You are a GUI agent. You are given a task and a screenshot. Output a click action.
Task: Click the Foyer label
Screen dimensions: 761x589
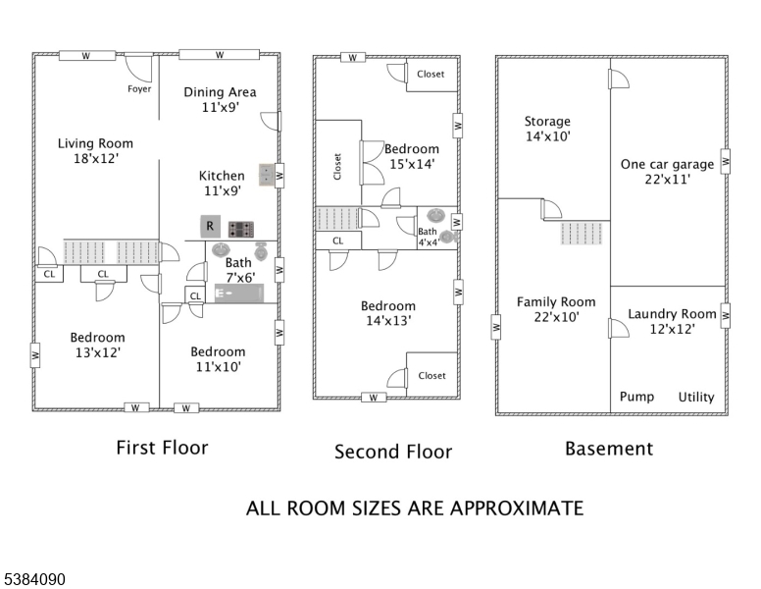pyautogui.click(x=139, y=89)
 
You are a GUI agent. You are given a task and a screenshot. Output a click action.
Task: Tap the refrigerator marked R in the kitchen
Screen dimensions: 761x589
pyautogui.click(x=210, y=227)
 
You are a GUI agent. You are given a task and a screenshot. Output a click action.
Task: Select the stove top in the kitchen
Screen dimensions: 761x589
pyautogui.click(x=241, y=230)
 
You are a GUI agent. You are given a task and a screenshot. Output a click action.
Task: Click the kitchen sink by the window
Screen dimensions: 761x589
pyautogui.click(x=267, y=176)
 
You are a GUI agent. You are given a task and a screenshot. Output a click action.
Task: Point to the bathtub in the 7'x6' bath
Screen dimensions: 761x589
pyautogui.click(x=239, y=294)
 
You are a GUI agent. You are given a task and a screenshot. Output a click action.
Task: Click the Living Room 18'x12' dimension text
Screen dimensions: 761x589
pyautogui.click(x=96, y=158)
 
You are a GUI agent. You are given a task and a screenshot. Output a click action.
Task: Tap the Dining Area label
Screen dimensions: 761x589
pyautogui.click(x=220, y=92)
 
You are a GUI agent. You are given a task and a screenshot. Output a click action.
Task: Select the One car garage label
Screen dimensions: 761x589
pyautogui.click(x=667, y=165)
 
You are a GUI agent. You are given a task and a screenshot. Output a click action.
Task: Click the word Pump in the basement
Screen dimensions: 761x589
pyautogui.click(x=636, y=397)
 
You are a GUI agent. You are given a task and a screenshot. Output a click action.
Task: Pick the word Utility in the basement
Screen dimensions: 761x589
pyautogui.click(x=696, y=398)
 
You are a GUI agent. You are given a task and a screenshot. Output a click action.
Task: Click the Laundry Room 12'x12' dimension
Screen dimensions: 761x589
pyautogui.click(x=672, y=329)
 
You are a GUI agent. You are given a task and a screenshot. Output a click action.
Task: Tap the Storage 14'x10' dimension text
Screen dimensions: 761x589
pyautogui.click(x=547, y=136)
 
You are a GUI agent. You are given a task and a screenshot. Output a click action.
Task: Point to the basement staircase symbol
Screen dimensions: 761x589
pyautogui.click(x=582, y=234)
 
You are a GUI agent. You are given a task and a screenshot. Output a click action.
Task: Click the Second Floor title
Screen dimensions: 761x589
pyautogui.click(x=393, y=452)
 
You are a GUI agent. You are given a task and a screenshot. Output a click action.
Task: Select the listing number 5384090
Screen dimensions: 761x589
pyautogui.click(x=34, y=579)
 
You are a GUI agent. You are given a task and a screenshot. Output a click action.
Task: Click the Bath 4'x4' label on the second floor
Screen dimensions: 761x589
pyautogui.click(x=429, y=237)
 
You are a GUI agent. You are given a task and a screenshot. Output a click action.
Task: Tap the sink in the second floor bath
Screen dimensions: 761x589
pyautogui.click(x=436, y=215)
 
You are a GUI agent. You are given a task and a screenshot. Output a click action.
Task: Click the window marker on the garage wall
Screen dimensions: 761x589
pyautogui.click(x=725, y=161)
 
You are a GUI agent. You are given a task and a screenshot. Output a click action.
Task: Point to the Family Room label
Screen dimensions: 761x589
pyautogui.click(x=556, y=302)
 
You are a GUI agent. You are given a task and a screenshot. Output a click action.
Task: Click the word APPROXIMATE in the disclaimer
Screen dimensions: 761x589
pyautogui.click(x=517, y=509)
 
